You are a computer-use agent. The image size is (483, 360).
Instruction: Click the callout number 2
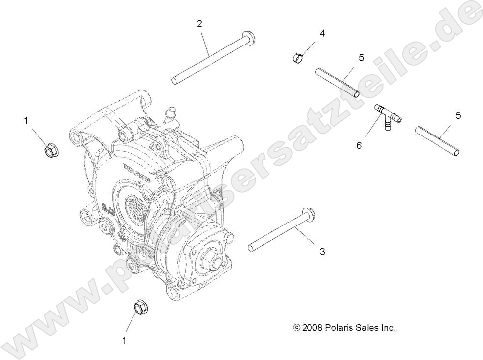tap(199, 23)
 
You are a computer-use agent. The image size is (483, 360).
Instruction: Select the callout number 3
tap(322, 252)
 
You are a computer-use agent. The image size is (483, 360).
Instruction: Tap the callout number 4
tap(322, 34)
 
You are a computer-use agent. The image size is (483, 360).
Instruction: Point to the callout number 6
tap(359, 145)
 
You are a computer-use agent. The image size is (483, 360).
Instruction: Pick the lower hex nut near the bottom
tap(140, 307)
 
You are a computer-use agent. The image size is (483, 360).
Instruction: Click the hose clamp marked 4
tap(298, 58)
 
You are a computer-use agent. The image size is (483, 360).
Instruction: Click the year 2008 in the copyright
tap(313, 327)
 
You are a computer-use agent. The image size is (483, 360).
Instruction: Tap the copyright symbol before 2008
tap(297, 327)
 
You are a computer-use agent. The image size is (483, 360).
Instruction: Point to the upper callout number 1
tap(25, 120)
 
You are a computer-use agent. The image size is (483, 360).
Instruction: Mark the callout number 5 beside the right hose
tap(458, 115)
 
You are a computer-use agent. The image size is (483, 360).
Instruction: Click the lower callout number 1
tap(124, 340)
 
